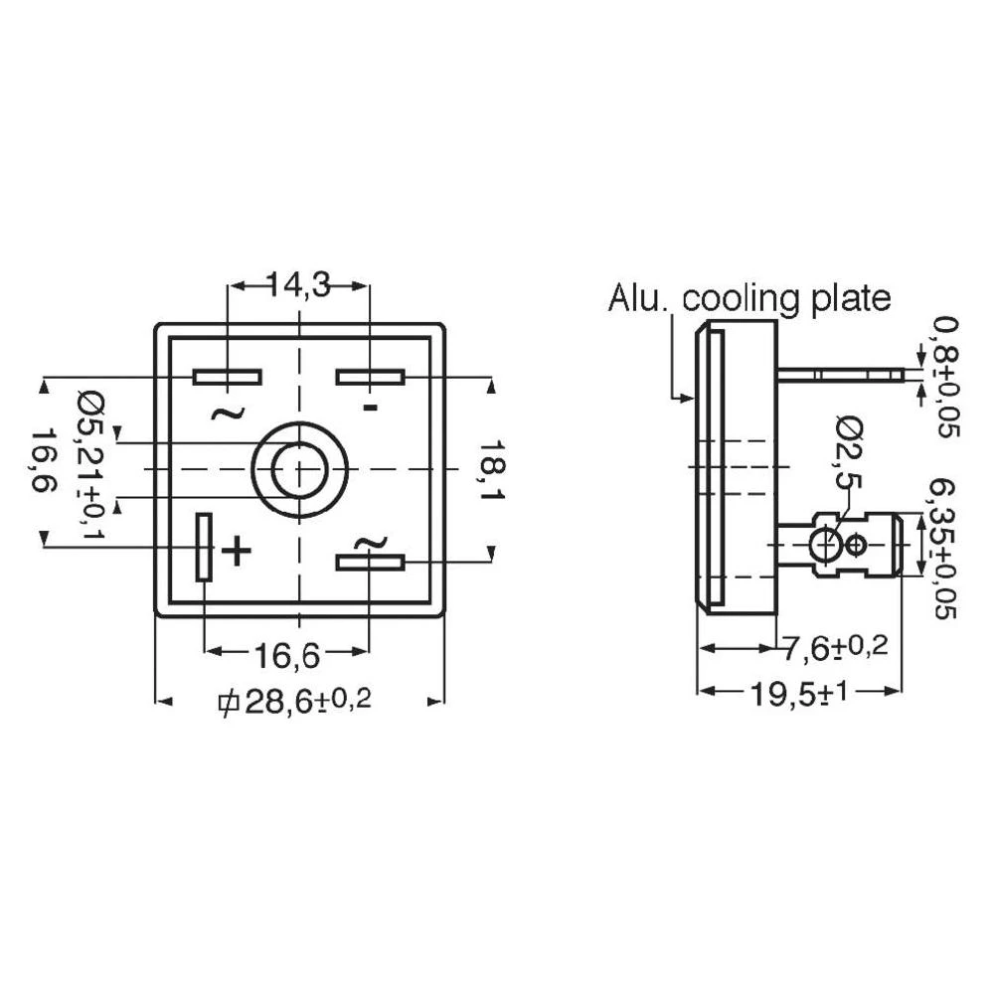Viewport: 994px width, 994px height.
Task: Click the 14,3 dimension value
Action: [x=299, y=285]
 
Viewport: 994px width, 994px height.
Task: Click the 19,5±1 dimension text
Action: [x=800, y=692]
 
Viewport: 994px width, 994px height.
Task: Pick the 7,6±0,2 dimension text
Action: [x=833, y=648]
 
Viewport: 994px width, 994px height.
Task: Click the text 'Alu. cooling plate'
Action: [x=749, y=298]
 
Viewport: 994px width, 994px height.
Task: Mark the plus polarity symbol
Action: [x=236, y=550]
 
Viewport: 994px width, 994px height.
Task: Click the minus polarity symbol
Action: [x=370, y=409]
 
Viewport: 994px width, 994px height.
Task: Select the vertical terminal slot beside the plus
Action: [x=204, y=547]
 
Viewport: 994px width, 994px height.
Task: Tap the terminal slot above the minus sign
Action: [x=370, y=377]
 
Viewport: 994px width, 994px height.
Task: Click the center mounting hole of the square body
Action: [x=298, y=467]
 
